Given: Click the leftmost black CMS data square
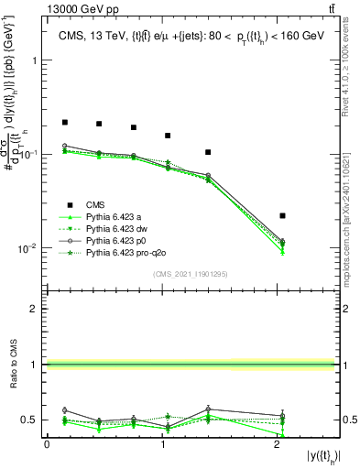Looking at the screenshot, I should (x=65, y=122).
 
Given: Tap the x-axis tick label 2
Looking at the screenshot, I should (x=277, y=444).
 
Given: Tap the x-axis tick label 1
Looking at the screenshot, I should (x=161, y=444).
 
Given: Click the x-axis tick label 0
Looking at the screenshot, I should (x=47, y=444).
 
